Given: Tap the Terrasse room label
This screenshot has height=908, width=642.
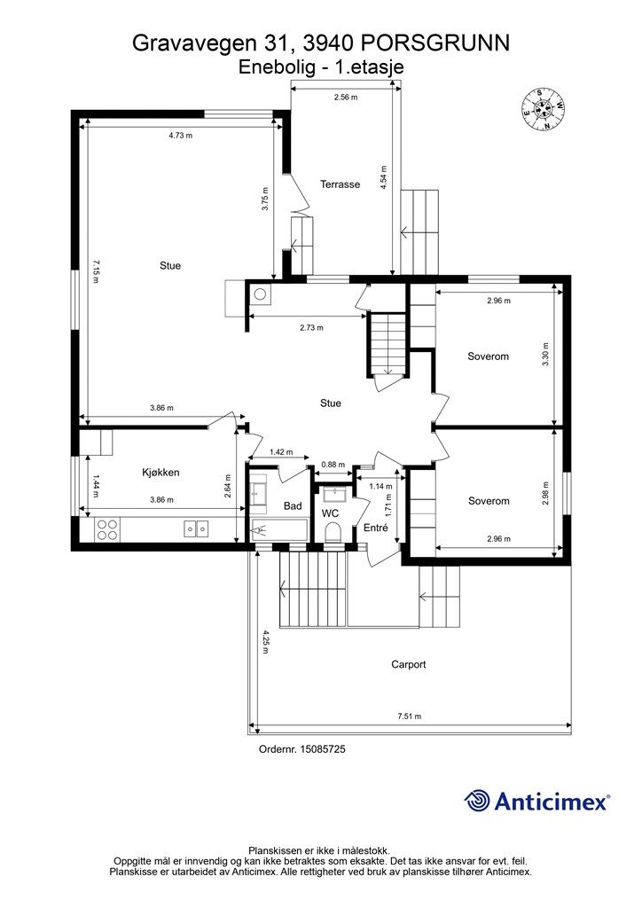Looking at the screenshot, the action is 341,184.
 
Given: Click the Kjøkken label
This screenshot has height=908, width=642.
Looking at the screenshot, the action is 160,473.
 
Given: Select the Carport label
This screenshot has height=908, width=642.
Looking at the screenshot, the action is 409,664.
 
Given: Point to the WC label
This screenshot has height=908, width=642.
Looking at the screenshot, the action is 330,513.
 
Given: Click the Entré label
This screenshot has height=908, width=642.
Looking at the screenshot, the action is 376,528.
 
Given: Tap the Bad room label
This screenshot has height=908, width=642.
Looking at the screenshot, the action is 293,506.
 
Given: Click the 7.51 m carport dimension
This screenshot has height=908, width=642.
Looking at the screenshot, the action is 410,716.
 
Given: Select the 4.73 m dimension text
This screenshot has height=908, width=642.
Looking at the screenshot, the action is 181,136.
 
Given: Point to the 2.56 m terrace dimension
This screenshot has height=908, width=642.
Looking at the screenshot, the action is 346,98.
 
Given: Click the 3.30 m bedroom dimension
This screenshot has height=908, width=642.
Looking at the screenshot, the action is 545,354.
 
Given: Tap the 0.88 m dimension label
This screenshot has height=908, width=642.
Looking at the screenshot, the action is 333,465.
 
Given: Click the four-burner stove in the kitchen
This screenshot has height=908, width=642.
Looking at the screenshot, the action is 107,530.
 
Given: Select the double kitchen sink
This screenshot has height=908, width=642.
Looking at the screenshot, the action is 196,528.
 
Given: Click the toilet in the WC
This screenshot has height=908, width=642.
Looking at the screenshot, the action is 333,531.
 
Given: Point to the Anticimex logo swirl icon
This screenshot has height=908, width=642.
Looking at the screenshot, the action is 476,801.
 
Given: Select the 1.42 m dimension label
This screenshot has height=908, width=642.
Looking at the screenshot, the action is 281,452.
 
